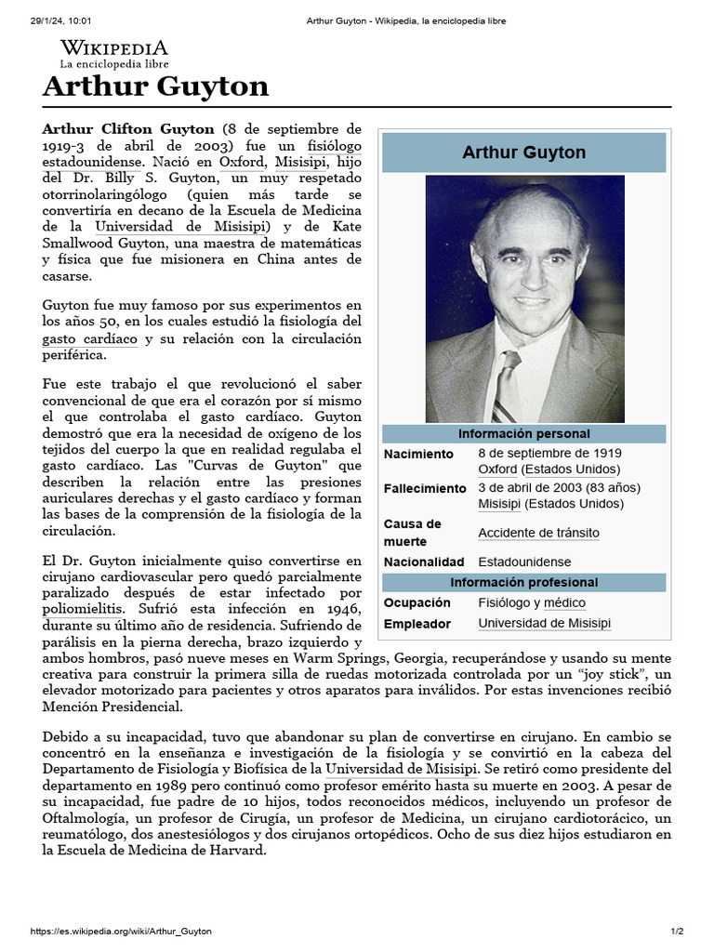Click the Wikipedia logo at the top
click(x=114, y=54)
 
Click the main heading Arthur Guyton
click(x=156, y=87)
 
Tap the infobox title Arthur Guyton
click(x=524, y=152)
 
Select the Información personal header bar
click(x=524, y=434)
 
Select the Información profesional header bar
click(x=524, y=583)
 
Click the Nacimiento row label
click(x=419, y=454)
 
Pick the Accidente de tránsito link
click(x=538, y=533)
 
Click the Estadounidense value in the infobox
click(x=524, y=562)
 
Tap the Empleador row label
click(x=417, y=624)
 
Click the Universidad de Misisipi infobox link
click(x=544, y=624)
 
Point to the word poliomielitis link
click(x=82, y=609)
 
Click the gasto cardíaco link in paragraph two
click(x=90, y=339)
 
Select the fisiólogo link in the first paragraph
click(x=334, y=146)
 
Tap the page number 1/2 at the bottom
click(x=678, y=932)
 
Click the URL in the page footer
click(x=121, y=932)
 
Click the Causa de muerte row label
click(x=413, y=533)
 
